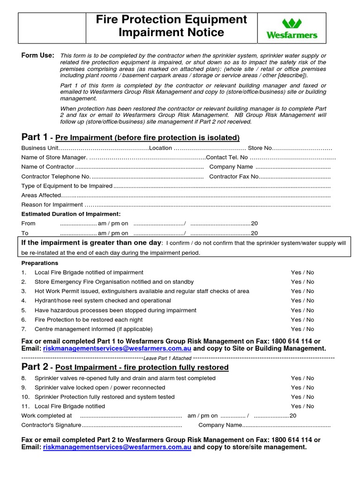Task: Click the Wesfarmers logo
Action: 292,28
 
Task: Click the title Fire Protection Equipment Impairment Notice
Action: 171,26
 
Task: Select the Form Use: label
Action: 38,55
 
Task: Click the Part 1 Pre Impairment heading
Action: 130,137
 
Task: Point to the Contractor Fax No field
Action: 295,177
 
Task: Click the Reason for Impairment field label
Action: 52,205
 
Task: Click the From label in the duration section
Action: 29,224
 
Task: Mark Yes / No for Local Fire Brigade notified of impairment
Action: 302,272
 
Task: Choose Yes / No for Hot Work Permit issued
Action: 302,291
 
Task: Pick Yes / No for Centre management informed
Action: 302,329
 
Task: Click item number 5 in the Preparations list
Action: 24,310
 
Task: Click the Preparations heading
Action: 40,263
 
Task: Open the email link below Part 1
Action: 117,349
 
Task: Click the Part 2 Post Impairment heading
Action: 125,367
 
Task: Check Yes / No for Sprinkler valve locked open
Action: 302,388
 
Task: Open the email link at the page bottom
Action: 117,447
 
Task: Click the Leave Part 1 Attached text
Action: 167,359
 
